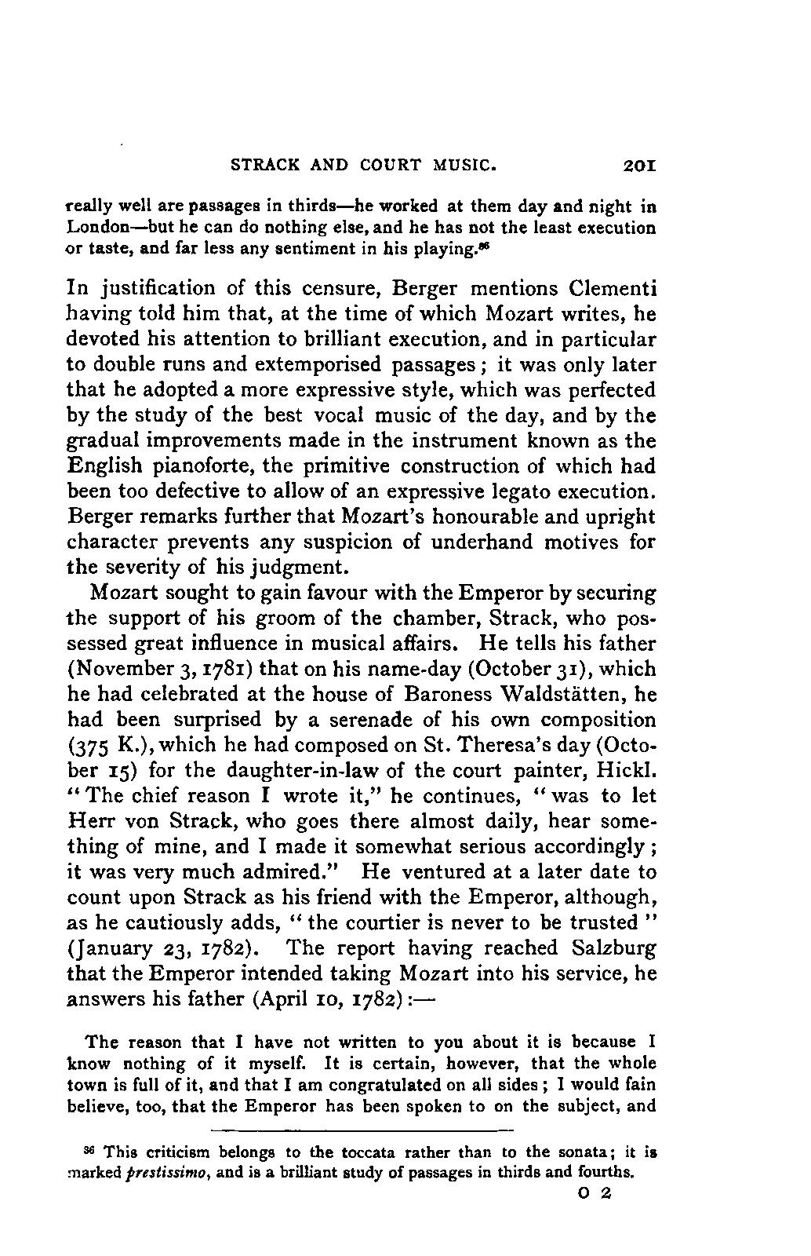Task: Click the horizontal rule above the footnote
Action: coord(362,1131)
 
